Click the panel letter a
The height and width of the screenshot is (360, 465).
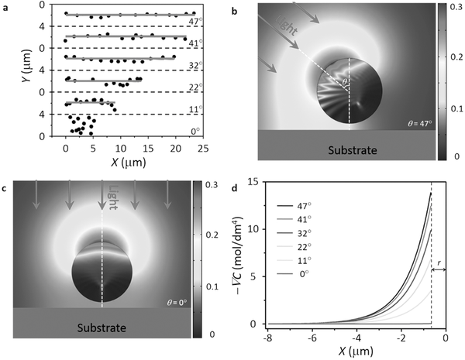(7, 7)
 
